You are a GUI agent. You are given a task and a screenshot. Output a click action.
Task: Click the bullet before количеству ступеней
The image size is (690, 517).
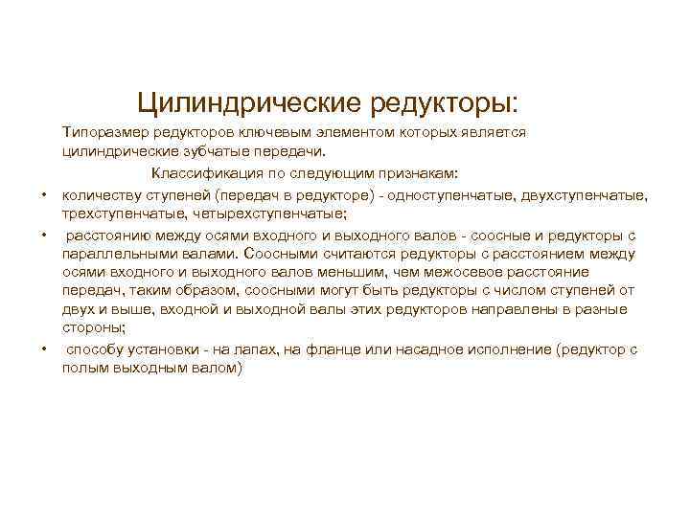tap(44, 195)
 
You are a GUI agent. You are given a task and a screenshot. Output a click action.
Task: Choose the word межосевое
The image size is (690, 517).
tap(481, 271)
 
